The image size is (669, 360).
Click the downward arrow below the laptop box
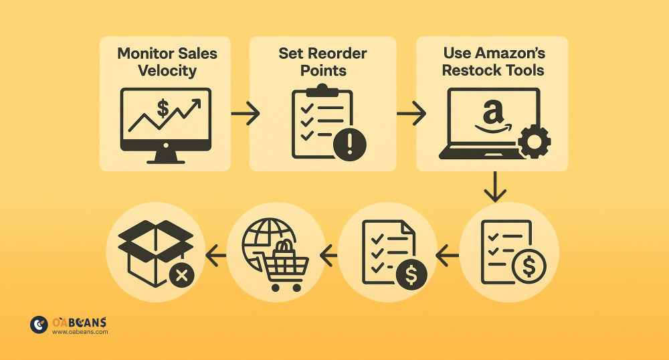point(495,187)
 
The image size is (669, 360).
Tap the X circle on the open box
point(181,274)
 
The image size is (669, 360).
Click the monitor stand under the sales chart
point(165,158)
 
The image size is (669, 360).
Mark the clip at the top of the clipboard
point(322,90)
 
